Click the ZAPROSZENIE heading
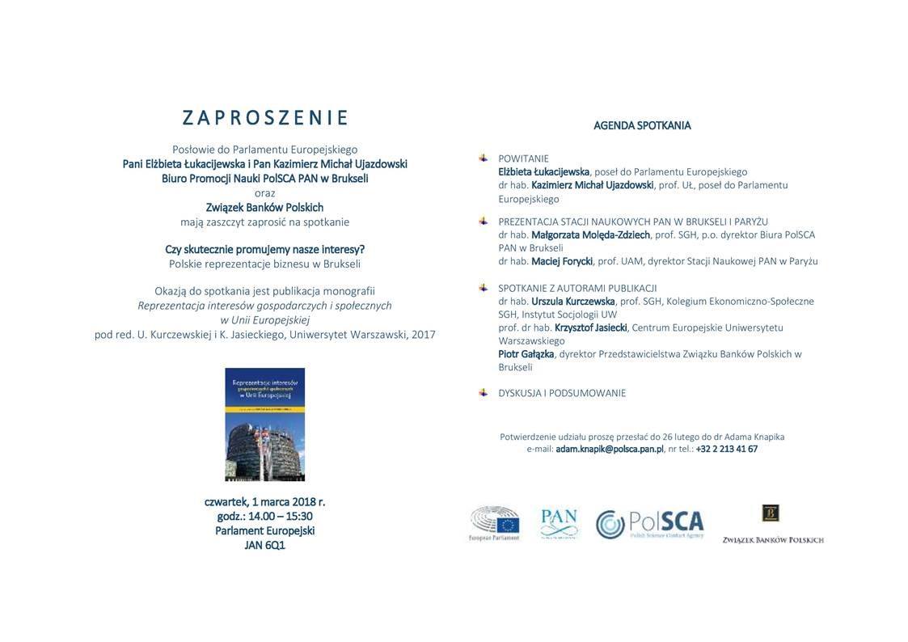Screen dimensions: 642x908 point(265,118)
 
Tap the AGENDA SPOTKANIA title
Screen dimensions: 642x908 point(642,125)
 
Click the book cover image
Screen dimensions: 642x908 point(264,424)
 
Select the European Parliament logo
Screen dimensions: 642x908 point(494,523)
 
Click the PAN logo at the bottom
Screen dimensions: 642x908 point(559,523)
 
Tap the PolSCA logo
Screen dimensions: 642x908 point(650,523)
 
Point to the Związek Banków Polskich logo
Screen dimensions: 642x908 point(772,524)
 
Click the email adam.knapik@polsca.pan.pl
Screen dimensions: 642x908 point(610,450)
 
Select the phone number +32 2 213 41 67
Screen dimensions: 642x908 point(727,450)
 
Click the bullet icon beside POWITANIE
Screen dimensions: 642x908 point(484,158)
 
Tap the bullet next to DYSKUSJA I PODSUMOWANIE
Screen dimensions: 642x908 point(484,392)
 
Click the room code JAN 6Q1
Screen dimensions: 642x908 point(264,546)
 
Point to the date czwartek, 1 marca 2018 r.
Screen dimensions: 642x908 point(264,502)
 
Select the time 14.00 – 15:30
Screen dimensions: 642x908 point(280,517)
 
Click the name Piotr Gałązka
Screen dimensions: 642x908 point(526,354)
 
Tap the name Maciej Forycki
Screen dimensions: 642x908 point(562,261)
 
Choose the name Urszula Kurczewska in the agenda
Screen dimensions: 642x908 point(573,302)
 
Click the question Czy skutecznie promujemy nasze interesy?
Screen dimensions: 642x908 point(264,249)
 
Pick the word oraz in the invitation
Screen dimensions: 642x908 point(264,192)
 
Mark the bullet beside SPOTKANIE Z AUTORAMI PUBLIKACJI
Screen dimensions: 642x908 point(484,287)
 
